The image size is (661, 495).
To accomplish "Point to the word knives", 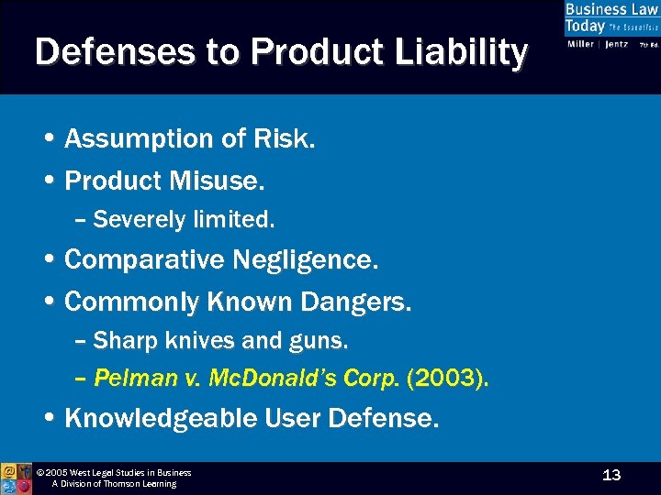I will (200, 341).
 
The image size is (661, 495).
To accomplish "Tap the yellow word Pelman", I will (129, 378).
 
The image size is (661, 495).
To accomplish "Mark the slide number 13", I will (611, 475).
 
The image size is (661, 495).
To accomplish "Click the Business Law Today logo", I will (611, 27).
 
